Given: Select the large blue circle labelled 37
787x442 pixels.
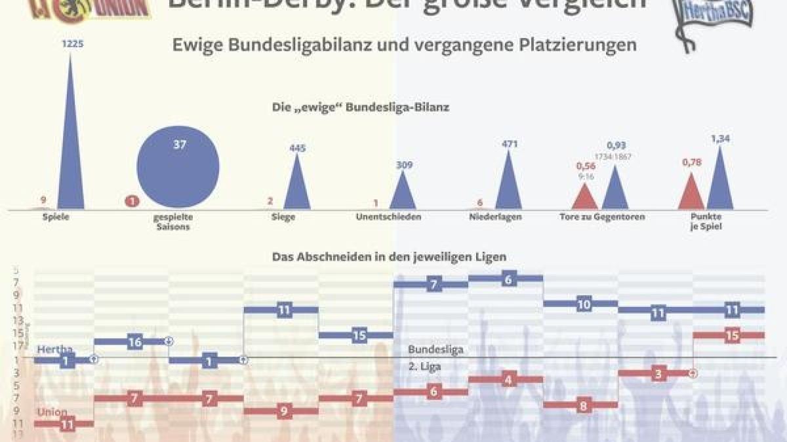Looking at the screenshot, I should tap(178, 166).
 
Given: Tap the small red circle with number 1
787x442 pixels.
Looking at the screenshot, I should tap(132, 202).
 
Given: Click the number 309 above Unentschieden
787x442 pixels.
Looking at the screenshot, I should tap(404, 165).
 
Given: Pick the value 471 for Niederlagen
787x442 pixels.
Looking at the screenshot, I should tap(510, 144).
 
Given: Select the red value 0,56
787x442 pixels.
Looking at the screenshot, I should tap(586, 166).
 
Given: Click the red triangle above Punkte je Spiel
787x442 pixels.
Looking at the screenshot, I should tap(690, 193).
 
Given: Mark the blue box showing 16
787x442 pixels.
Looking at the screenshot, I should tap(134, 342).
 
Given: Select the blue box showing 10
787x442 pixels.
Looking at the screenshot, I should tap(584, 304).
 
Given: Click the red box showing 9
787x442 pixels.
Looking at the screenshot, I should tap(283, 412).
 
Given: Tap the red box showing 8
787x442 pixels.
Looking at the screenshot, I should tap(583, 405).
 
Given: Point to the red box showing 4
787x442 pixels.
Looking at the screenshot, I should tap(507, 380).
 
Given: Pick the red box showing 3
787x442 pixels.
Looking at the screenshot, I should tap(657, 373).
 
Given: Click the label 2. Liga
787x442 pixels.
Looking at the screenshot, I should tap(424, 367).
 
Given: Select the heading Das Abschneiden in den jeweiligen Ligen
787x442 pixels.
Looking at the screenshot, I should tap(389, 257).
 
